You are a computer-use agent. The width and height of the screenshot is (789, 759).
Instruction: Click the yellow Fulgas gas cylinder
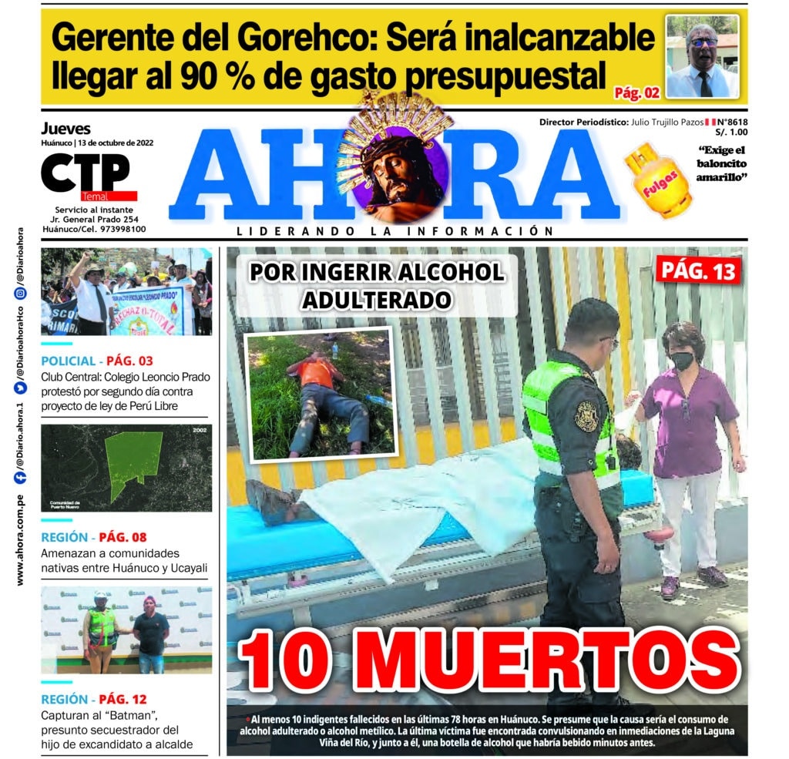[x=659, y=183]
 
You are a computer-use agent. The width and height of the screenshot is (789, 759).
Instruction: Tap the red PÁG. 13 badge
[x=699, y=270]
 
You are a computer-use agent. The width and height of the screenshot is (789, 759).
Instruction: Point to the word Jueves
[x=65, y=129]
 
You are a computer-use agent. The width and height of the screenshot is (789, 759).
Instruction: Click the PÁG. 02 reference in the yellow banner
[x=636, y=93]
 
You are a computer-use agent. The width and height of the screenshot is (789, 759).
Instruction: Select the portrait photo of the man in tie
[x=701, y=56]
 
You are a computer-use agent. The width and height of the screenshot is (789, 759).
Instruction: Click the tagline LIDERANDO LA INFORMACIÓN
[x=394, y=231]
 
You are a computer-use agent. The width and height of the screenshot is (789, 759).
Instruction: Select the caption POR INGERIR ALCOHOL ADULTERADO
[x=376, y=285]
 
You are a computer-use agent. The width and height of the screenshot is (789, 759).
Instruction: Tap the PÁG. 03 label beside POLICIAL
[x=129, y=361]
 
